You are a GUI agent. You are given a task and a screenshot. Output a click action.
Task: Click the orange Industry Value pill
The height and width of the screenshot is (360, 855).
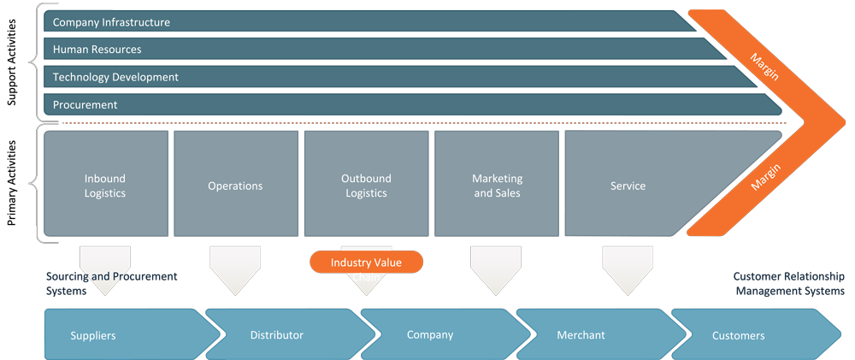(x=366, y=263)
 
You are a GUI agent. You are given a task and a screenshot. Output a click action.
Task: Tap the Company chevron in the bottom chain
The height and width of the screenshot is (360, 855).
(x=433, y=335)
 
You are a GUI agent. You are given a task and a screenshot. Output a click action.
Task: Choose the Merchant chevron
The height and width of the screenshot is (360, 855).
(x=585, y=335)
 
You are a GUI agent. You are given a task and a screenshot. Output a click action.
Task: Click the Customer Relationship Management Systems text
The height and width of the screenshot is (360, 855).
(x=788, y=284)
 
